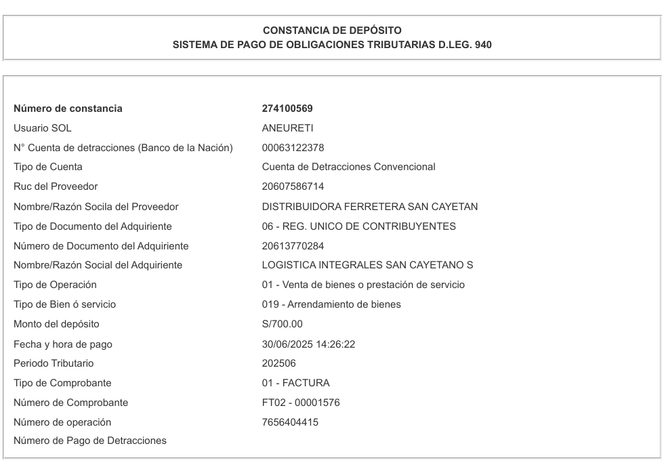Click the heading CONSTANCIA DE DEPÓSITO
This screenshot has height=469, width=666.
(332, 30)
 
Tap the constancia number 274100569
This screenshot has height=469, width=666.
(287, 108)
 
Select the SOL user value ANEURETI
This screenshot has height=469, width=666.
(287, 128)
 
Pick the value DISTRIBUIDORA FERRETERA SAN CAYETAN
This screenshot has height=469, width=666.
(369, 207)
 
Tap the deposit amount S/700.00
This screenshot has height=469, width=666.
(282, 324)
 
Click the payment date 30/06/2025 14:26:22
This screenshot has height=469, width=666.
(308, 344)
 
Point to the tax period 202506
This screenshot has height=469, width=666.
(278, 364)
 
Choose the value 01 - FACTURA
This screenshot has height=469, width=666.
(295, 384)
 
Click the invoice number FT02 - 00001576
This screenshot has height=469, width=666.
(301, 403)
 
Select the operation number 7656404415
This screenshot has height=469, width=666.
(290, 423)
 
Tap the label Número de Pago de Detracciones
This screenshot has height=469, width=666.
(90, 442)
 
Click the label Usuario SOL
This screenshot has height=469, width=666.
(42, 128)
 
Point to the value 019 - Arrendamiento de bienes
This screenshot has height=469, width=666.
(331, 305)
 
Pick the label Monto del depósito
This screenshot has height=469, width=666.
(56, 324)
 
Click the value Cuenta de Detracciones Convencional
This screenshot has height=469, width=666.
(348, 167)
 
